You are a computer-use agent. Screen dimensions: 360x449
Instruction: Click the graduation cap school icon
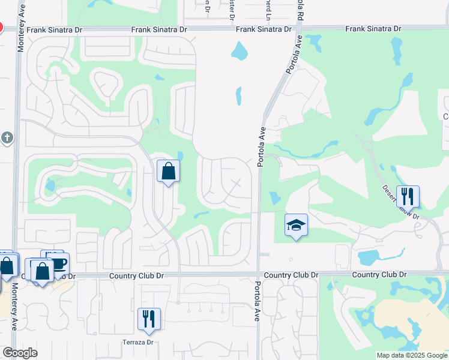[296, 226]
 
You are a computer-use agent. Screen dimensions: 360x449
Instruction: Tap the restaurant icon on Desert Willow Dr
[408, 196]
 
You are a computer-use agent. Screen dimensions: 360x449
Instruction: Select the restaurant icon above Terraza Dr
[149, 319]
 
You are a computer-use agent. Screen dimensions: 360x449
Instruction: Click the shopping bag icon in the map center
[169, 171]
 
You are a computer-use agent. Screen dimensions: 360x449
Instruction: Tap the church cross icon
[7, 138]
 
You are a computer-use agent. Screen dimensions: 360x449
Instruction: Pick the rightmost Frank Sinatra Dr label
[373, 29]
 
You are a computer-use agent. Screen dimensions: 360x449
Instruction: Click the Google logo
[20, 353]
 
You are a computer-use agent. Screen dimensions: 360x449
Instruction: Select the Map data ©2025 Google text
[411, 355]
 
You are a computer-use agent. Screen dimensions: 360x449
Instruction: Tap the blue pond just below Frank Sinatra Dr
[240, 50]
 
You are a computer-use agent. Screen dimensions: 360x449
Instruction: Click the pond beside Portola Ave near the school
[274, 197]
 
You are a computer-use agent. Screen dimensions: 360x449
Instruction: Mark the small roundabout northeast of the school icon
[366, 144]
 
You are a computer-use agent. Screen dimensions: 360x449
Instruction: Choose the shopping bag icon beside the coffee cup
[43, 271]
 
